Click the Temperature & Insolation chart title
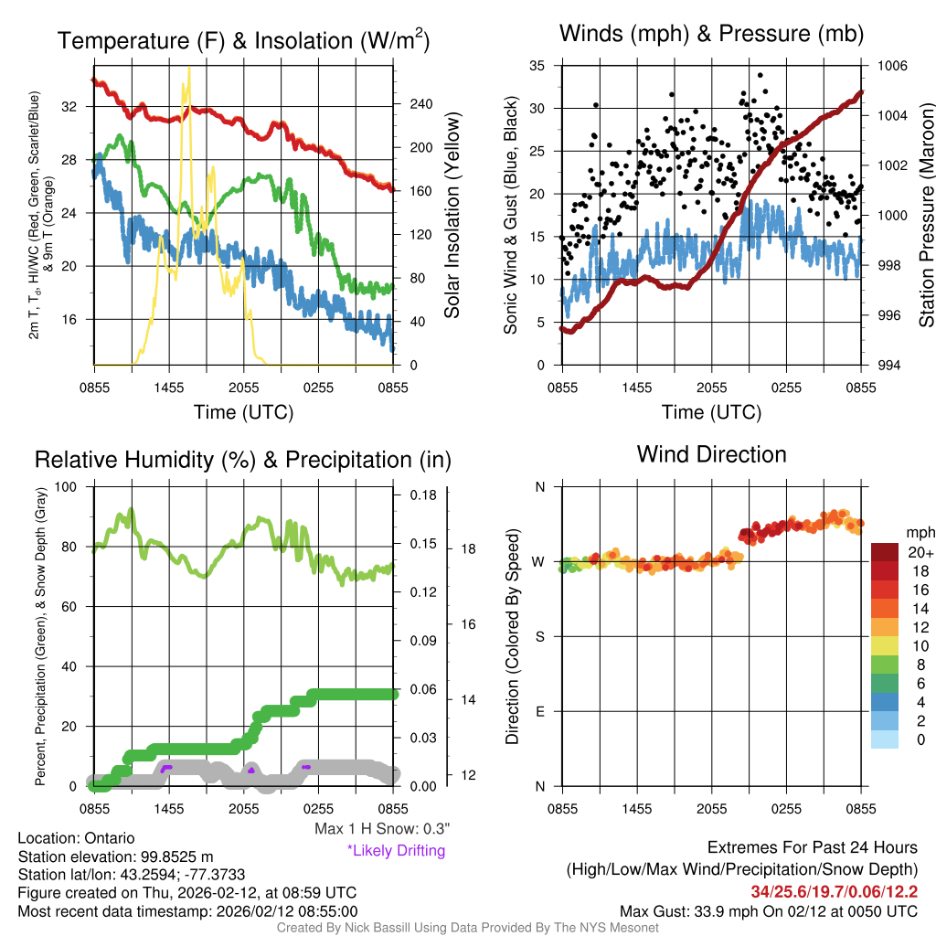[243, 40]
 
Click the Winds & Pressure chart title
[711, 34]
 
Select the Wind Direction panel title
[711, 453]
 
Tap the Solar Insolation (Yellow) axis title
[452, 216]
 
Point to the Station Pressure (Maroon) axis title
[926, 216]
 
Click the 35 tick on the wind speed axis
[537, 66]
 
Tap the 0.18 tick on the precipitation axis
[423, 495]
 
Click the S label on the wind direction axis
[539, 636]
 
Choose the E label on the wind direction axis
[539, 711]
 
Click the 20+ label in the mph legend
[920, 552]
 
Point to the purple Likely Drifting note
[396, 850]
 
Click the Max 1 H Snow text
[382, 828]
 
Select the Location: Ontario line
[76, 838]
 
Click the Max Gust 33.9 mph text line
[769, 910]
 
